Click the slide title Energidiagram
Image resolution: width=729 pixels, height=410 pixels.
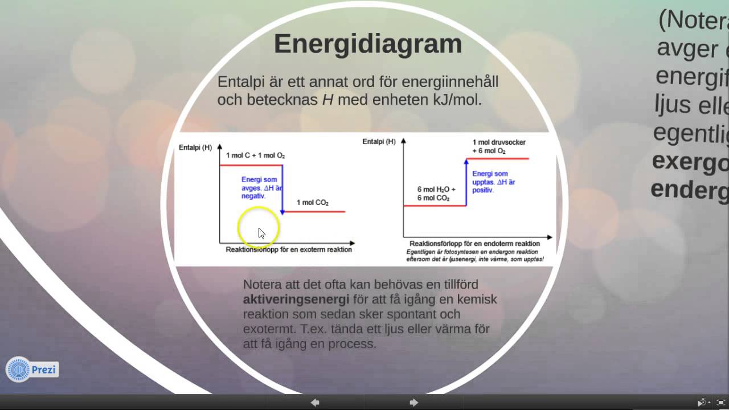(x=367, y=44)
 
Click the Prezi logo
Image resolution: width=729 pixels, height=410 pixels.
(x=32, y=370)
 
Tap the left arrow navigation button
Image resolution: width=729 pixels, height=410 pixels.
(x=315, y=403)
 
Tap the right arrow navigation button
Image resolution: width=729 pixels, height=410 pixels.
(x=414, y=403)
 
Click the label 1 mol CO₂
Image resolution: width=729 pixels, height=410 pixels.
(x=312, y=203)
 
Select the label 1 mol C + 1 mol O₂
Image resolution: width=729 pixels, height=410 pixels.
(x=255, y=155)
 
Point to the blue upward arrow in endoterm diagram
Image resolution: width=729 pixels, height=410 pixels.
(x=466, y=182)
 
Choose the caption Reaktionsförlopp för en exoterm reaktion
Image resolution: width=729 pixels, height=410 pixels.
(x=289, y=249)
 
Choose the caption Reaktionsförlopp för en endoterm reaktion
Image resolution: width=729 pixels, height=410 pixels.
(x=474, y=244)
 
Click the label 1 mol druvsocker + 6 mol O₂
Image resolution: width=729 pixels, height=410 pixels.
(x=499, y=146)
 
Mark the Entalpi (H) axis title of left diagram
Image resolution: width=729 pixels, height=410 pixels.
(x=195, y=147)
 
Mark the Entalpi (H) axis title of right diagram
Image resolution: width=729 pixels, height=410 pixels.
(x=379, y=141)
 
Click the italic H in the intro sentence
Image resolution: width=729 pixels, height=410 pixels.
(x=327, y=100)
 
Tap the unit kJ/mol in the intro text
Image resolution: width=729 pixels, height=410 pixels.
(x=456, y=100)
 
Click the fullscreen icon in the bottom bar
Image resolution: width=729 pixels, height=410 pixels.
(x=720, y=403)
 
